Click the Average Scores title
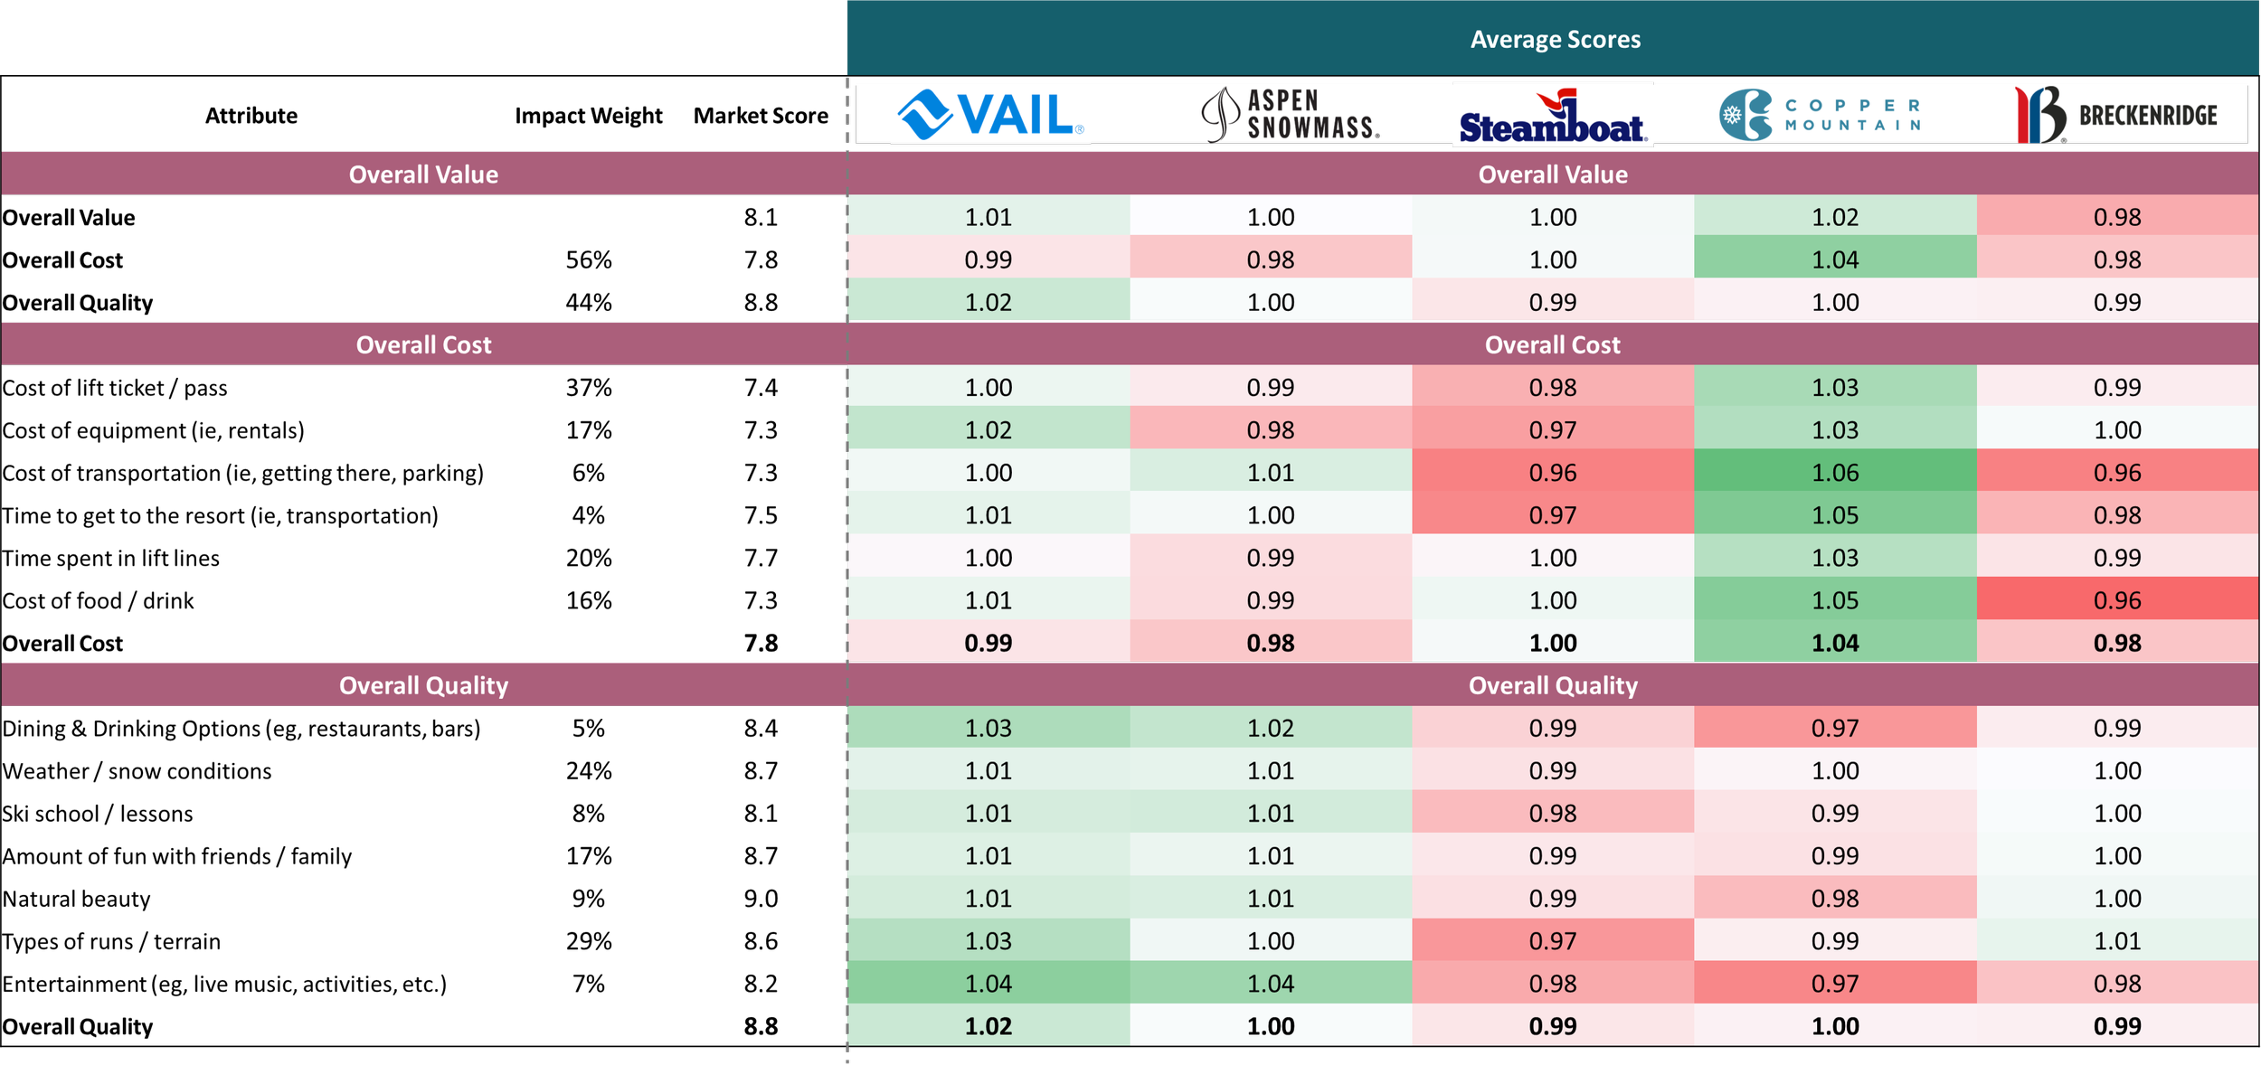click(1554, 39)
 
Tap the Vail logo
click(989, 115)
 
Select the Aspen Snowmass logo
click(1290, 115)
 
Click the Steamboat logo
click(1552, 118)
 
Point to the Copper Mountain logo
click(1820, 115)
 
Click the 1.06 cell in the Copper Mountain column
click(1834, 472)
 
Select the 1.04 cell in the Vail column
click(988, 983)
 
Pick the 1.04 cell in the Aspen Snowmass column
click(1270, 983)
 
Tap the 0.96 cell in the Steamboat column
click(1552, 472)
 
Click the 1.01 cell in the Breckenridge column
click(2116, 940)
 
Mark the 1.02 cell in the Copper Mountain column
click(1834, 217)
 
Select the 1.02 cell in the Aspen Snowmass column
click(1270, 728)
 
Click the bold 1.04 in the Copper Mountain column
click(1834, 643)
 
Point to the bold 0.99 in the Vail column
click(988, 643)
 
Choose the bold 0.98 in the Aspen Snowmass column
click(1270, 643)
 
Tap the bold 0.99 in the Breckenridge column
click(2116, 1026)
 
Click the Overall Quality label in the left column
click(423, 685)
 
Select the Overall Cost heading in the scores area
click(1552, 344)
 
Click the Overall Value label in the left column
click(423, 174)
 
